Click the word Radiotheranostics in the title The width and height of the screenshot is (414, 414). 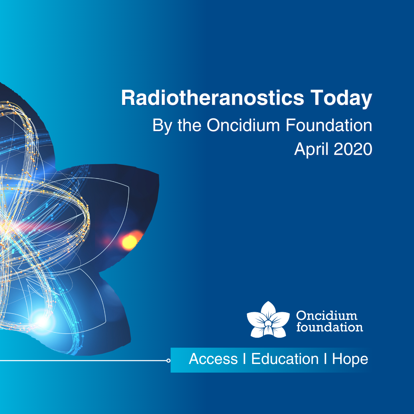pyautogui.click(x=213, y=98)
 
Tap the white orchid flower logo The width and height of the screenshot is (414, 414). pyautogui.click(x=268, y=319)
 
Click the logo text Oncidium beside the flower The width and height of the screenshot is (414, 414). pyautogui.click(x=327, y=316)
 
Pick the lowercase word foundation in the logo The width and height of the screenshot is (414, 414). pyautogui.click(x=330, y=327)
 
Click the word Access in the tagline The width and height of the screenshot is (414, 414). pyautogui.click(x=213, y=359)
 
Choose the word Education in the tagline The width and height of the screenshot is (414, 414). pyautogui.click(x=285, y=359)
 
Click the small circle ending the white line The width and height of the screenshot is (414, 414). pyautogui.click(x=168, y=361)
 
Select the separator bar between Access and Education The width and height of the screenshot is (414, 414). pyautogui.click(x=245, y=359)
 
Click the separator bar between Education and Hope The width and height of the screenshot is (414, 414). pyautogui.click(x=325, y=359)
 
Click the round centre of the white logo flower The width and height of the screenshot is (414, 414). pyautogui.click(x=268, y=323)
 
